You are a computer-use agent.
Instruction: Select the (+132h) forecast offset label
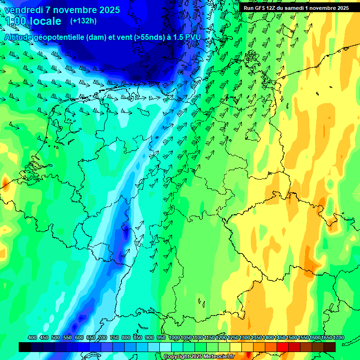[x=83, y=21]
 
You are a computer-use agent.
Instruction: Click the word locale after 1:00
[x=45, y=21]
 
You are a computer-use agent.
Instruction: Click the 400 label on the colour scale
[x=32, y=338]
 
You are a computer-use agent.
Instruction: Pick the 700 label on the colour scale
[x=103, y=338]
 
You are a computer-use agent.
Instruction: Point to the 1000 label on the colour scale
[x=174, y=338]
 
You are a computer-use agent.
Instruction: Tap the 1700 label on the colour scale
[x=339, y=338]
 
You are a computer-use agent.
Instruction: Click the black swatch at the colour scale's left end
[x=25, y=347]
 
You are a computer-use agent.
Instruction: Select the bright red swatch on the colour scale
[x=283, y=347]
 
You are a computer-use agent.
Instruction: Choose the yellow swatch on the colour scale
[x=236, y=347]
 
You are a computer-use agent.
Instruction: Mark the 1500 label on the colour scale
[x=292, y=338]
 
